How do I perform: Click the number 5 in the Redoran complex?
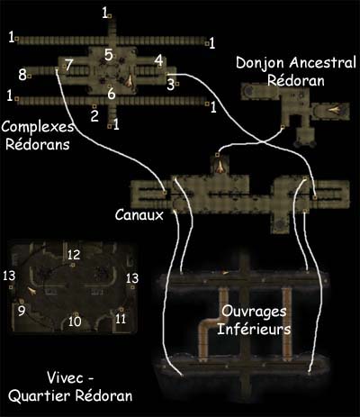coord(109,55)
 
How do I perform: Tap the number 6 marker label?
coord(112,94)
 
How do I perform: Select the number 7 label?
coord(69,65)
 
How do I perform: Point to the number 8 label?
coord(22,75)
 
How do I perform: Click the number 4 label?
coord(159,60)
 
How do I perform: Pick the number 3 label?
coord(170,85)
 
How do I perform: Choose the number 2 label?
coord(94,116)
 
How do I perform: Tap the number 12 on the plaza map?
coord(74,255)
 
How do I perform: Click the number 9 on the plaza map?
coord(22,311)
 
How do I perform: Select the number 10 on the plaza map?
coord(75,322)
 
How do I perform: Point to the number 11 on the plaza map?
coord(121,319)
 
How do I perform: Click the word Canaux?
coord(139,215)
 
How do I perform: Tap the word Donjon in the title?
coord(260,63)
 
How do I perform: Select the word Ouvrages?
coord(254,313)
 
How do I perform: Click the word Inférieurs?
coord(254,329)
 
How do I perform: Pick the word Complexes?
coord(38,127)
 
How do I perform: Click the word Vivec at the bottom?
coord(65,377)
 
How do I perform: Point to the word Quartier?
coord(40,396)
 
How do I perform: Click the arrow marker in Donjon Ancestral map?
coord(334,110)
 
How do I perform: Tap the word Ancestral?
coord(323,63)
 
